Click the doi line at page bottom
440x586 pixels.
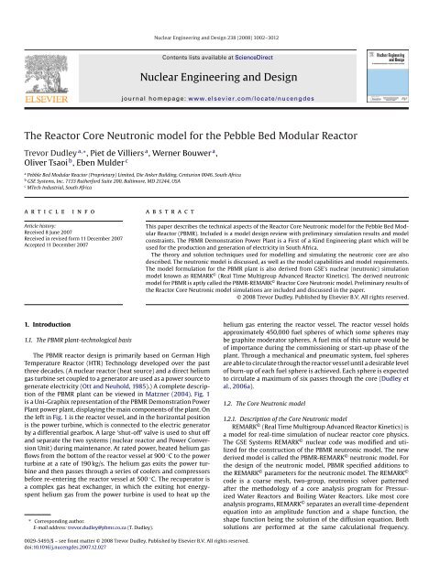(65, 577)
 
